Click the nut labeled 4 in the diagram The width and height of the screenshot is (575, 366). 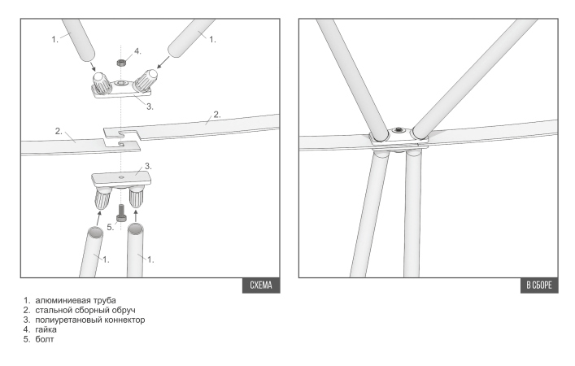121,62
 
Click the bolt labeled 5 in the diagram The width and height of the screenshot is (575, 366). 121,213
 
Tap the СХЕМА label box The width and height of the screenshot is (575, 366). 261,285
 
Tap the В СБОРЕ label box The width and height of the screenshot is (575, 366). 539,285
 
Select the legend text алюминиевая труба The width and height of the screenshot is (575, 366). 76,300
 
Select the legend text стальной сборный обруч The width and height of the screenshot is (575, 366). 85,310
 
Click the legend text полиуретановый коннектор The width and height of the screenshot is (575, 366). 89,320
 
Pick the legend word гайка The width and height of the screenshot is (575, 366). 46,329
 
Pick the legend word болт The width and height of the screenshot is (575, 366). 45,339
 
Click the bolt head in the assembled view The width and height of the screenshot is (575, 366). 399,130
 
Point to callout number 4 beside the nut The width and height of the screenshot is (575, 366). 137,51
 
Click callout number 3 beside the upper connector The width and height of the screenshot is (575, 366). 150,107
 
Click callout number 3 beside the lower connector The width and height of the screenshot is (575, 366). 148,166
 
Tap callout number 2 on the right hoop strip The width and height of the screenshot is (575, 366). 216,115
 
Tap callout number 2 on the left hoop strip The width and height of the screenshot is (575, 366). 59,131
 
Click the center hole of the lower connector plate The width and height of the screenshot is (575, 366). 121,177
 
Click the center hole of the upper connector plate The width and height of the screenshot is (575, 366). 120,84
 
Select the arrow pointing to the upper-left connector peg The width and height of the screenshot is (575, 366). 92,66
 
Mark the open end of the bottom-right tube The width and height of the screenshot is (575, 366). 135,229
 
